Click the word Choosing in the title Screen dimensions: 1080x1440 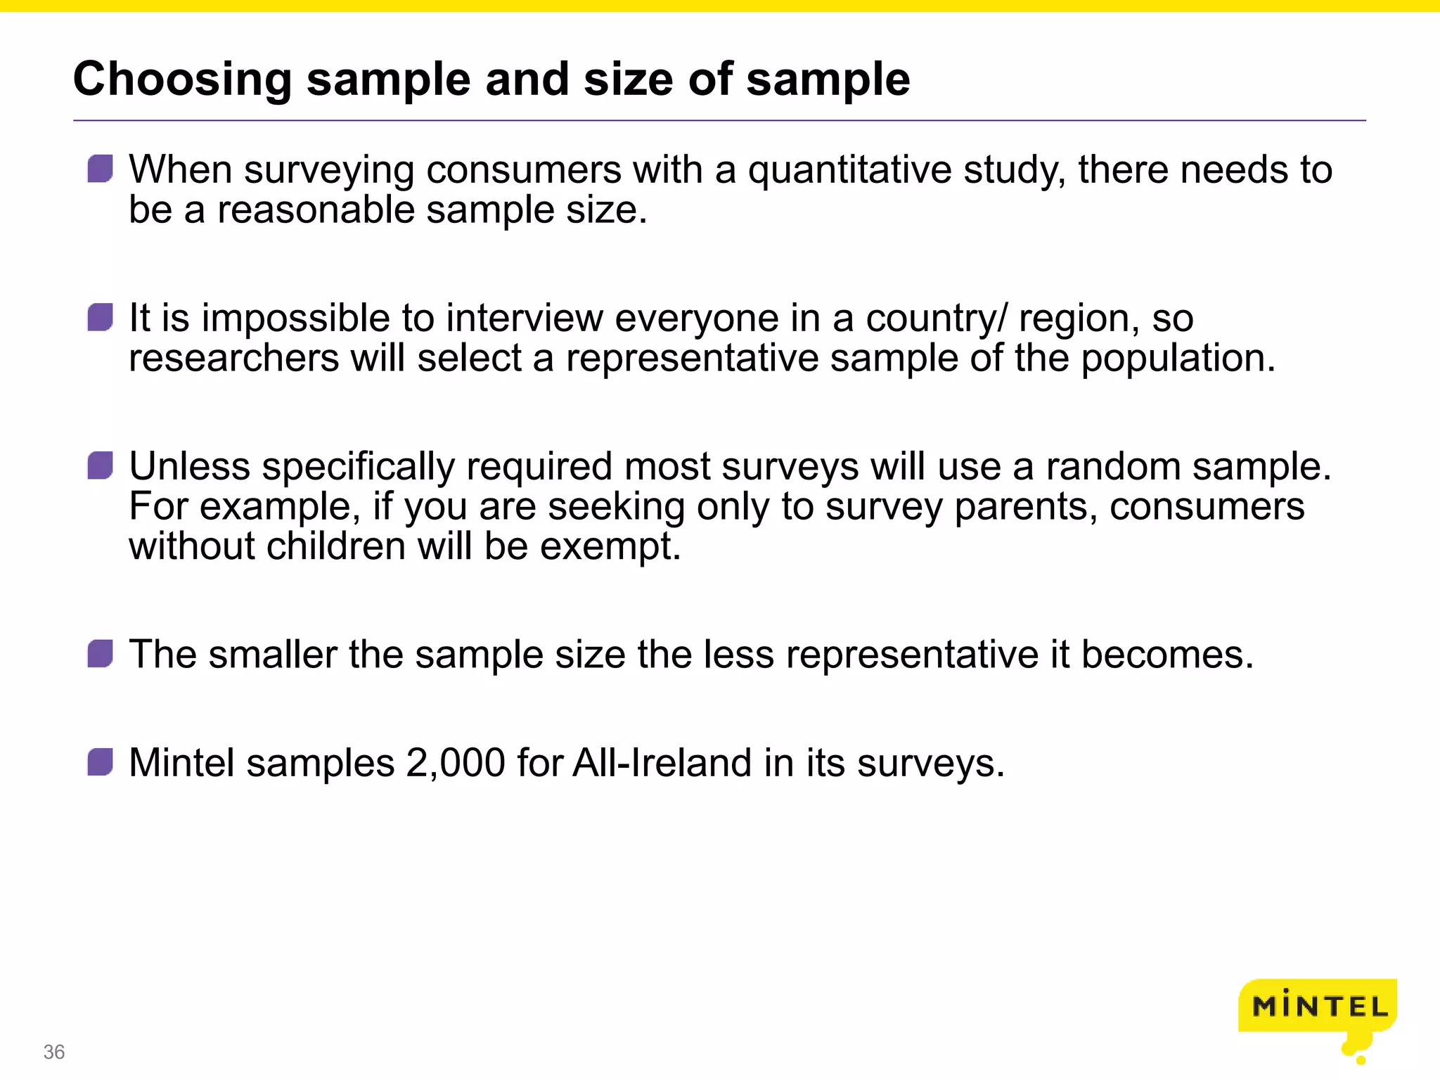182,79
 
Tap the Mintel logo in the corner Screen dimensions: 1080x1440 1318,1008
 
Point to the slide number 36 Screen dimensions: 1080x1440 54,1052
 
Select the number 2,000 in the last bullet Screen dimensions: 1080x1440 456,763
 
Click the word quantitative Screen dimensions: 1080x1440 849,170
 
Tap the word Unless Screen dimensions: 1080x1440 189,467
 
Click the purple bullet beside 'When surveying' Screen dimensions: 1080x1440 101,169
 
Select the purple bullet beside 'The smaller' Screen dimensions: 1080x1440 101,654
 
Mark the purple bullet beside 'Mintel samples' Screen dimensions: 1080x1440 101,762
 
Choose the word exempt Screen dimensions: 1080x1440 610,547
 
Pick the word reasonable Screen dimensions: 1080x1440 316,210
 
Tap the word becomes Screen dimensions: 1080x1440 1166,655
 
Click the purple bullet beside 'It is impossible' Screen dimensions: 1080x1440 101,317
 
